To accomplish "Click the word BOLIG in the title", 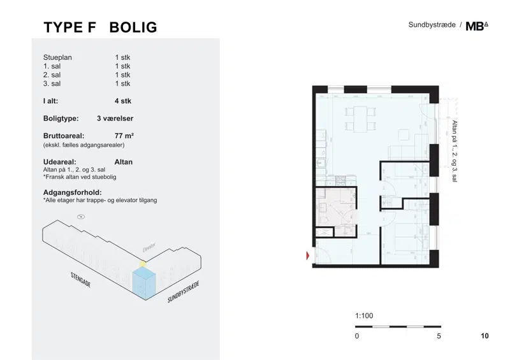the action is click(133, 27).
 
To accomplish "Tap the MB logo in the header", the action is click(477, 26).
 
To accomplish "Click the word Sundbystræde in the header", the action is click(432, 25).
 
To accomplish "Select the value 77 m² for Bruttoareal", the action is click(124, 136).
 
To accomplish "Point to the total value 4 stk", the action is click(123, 101).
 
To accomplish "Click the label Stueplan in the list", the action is click(57, 57).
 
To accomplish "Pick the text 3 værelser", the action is click(115, 119).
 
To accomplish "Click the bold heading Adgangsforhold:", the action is click(73, 192).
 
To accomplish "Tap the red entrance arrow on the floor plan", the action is click(308, 256).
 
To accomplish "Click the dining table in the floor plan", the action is click(360, 119).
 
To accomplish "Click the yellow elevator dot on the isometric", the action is click(143, 264).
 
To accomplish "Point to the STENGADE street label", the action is click(81, 280).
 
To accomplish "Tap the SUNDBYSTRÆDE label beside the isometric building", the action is click(183, 292).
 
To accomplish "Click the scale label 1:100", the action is click(364, 316).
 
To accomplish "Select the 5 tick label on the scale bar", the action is click(439, 336).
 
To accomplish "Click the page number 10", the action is click(484, 336).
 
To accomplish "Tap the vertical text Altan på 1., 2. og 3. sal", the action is click(455, 151).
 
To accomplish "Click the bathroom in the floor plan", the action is click(337, 212).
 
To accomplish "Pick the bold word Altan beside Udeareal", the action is click(124, 162).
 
